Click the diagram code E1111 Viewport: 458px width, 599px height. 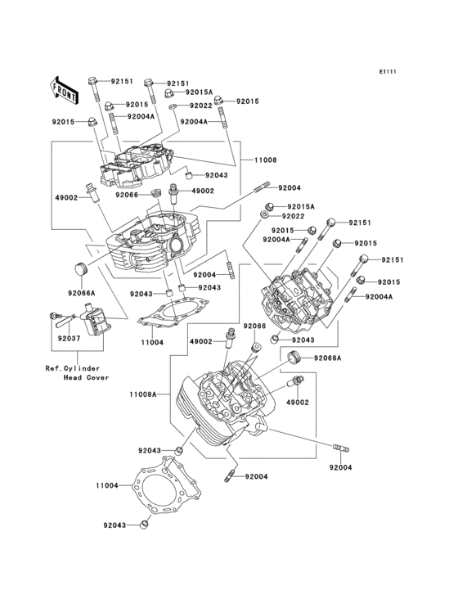387,72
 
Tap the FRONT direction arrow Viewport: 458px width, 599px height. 65,88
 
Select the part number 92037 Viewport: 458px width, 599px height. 69,338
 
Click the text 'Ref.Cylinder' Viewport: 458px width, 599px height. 73,367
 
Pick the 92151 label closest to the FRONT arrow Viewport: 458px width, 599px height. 121,82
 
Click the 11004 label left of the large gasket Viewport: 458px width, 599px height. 107,486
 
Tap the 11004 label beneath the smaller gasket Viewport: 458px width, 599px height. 152,341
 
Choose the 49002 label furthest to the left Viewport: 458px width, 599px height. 65,198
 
